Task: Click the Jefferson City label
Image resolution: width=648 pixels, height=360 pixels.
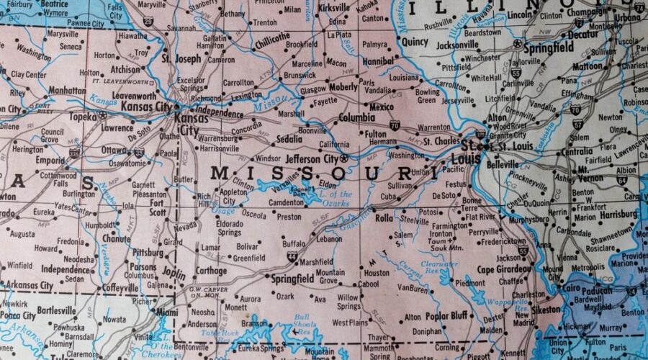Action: coord(312,158)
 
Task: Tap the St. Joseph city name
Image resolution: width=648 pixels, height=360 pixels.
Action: coord(181,58)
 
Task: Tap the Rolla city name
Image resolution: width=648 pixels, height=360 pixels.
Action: coord(383,217)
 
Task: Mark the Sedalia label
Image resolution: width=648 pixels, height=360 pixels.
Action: coord(289,138)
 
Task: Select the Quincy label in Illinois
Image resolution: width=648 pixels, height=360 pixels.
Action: coord(415,42)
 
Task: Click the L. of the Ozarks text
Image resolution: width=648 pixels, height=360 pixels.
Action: coord(335,194)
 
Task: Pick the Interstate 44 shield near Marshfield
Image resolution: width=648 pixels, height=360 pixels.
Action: coord(292,256)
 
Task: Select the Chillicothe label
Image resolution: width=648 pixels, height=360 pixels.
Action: coord(271,37)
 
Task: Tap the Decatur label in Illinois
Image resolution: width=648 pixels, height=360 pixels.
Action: coord(582,34)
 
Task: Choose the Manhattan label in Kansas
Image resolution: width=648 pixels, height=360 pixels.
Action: coord(67,91)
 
